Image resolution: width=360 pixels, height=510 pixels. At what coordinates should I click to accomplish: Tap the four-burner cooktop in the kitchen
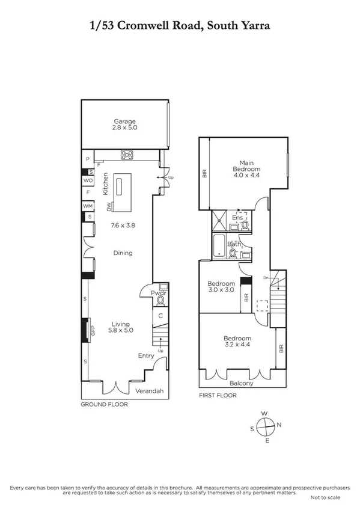tap(127, 155)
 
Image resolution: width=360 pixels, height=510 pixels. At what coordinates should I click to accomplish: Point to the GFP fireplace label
tap(93, 329)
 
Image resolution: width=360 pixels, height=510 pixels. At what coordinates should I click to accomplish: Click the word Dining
tap(123, 253)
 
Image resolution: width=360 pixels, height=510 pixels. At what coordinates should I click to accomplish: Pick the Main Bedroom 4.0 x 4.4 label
tap(246, 167)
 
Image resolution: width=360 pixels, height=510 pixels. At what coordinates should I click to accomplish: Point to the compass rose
tap(264, 426)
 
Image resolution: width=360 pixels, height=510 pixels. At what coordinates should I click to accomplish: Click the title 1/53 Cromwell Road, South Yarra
tap(180, 26)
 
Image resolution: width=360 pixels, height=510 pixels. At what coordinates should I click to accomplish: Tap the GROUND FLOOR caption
tap(104, 405)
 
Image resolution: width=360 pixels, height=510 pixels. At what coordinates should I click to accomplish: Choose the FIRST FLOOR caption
tap(218, 395)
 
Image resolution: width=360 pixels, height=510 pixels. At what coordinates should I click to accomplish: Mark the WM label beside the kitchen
tap(87, 206)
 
